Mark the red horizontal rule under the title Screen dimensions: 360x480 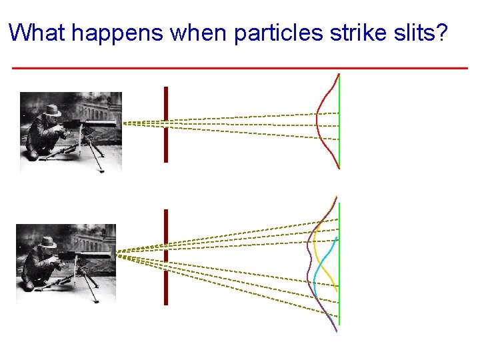coord(240,68)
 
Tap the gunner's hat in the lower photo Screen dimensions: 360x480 coord(47,242)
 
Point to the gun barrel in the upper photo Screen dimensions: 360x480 coord(100,123)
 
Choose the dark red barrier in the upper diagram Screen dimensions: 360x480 coord(166,124)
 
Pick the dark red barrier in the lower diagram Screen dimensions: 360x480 coord(166,257)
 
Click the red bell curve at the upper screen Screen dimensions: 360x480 coord(319,120)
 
